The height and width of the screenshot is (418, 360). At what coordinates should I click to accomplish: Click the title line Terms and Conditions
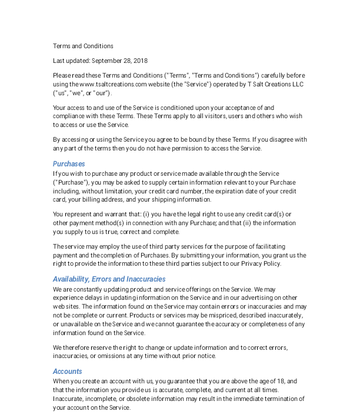[83, 46]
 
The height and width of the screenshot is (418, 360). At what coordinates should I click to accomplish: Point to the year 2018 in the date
[140, 61]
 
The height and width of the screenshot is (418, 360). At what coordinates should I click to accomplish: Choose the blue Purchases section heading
[69, 164]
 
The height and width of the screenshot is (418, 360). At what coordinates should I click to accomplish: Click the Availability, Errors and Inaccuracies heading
[109, 279]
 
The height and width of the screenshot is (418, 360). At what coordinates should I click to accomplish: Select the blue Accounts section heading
[67, 372]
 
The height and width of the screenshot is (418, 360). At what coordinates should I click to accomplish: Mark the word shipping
[159, 199]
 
